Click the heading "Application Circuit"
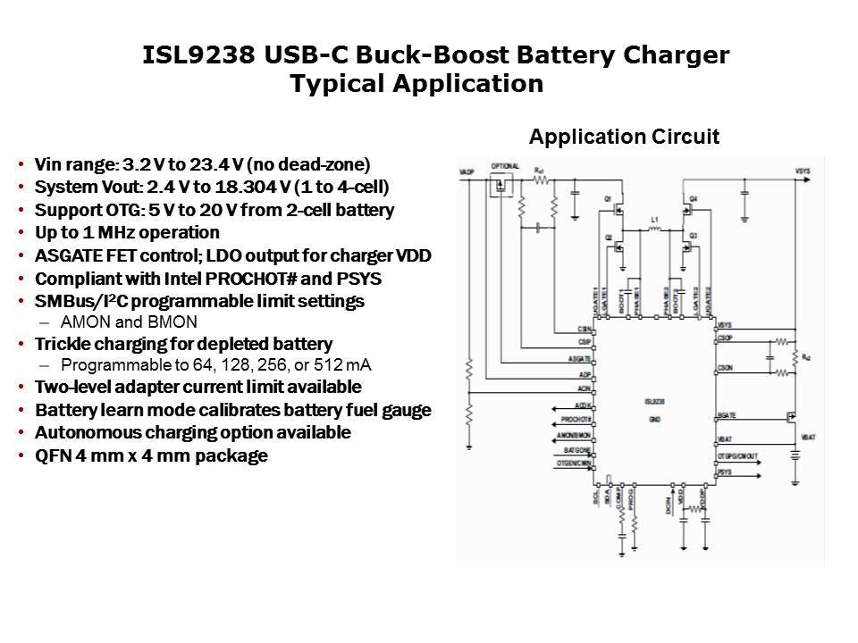(x=624, y=137)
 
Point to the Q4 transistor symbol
(x=687, y=210)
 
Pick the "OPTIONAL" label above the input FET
(x=504, y=167)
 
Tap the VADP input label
(x=466, y=170)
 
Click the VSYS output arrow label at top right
(x=802, y=170)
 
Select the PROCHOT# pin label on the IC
(x=576, y=420)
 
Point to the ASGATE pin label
(x=578, y=358)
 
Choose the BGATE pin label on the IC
(x=726, y=415)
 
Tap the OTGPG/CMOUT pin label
(x=736, y=455)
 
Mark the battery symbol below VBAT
(x=794, y=455)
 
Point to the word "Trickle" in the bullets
(x=65, y=344)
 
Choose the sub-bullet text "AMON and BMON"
(x=128, y=322)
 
